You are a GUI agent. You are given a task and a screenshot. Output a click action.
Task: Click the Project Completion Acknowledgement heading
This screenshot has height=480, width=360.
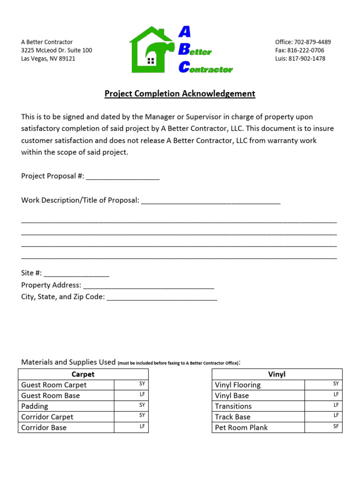[180, 94]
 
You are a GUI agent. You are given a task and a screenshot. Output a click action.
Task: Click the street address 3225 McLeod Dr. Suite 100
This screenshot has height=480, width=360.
[56, 51]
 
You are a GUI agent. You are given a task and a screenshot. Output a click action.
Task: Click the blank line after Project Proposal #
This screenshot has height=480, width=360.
[123, 177]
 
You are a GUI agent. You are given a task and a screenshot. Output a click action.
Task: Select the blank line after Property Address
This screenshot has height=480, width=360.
[148, 285]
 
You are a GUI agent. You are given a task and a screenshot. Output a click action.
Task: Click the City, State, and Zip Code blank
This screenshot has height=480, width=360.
[162, 297]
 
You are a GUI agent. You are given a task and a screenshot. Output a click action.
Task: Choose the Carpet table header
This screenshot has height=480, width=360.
[83, 374]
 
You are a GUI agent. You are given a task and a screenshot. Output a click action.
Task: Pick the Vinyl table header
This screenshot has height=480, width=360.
[277, 374]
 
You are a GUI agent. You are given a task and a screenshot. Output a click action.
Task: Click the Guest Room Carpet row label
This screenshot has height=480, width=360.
[54, 385]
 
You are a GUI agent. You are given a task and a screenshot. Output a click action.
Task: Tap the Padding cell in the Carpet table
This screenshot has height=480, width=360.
[35, 406]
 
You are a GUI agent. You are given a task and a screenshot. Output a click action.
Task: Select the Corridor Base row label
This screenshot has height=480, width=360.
[44, 427]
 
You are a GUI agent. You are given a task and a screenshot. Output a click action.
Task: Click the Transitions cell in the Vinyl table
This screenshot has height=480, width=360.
[233, 406]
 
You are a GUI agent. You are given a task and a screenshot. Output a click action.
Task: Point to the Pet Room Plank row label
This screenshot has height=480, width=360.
[241, 427]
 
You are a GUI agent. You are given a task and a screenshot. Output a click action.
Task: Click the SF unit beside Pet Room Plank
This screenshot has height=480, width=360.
[336, 427]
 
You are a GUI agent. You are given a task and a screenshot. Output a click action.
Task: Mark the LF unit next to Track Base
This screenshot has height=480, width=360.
[336, 416]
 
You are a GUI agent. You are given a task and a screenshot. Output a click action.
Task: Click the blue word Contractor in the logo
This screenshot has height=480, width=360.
[210, 69]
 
